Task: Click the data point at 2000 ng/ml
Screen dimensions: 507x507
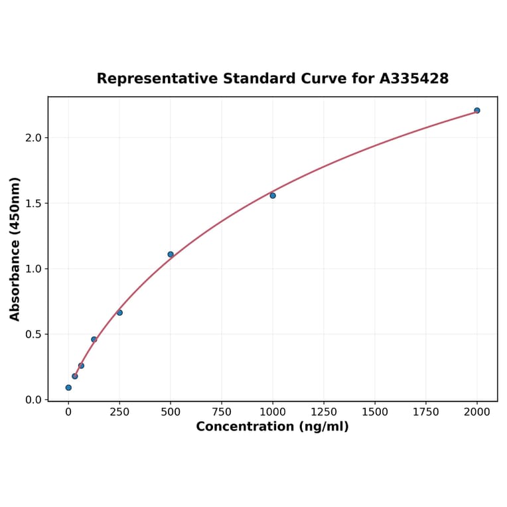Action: pyautogui.click(x=476, y=110)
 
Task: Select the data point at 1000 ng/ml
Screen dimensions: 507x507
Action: pyautogui.click(x=273, y=196)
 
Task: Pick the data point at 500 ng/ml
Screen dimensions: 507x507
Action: pyautogui.click(x=171, y=254)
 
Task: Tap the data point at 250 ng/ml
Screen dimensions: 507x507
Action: pyautogui.click(x=119, y=313)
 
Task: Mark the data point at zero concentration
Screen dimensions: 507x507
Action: pyautogui.click(x=68, y=388)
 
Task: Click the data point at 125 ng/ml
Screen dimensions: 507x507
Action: pyautogui.click(x=94, y=339)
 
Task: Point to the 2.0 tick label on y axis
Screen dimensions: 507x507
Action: pyautogui.click(x=33, y=138)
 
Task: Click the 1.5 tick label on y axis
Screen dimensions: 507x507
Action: pyautogui.click(x=33, y=203)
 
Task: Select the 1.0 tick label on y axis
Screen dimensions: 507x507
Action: pyautogui.click(x=33, y=269)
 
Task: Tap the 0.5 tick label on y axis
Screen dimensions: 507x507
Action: pyautogui.click(x=33, y=334)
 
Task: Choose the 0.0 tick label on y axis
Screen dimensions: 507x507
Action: pyautogui.click(x=33, y=399)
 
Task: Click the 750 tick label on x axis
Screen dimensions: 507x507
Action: pyautogui.click(x=222, y=412)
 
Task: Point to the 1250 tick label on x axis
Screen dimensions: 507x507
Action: pyautogui.click(x=324, y=412)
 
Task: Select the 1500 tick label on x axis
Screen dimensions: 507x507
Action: pyautogui.click(x=375, y=412)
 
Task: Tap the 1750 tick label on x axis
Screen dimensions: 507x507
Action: pyautogui.click(x=426, y=412)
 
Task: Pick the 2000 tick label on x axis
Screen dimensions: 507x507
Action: pyautogui.click(x=477, y=412)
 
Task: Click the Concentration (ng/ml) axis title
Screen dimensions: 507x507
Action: pyautogui.click(x=272, y=427)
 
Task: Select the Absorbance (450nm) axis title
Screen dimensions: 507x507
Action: pyautogui.click(x=15, y=249)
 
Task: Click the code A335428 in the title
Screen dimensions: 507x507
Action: pyautogui.click(x=414, y=79)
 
